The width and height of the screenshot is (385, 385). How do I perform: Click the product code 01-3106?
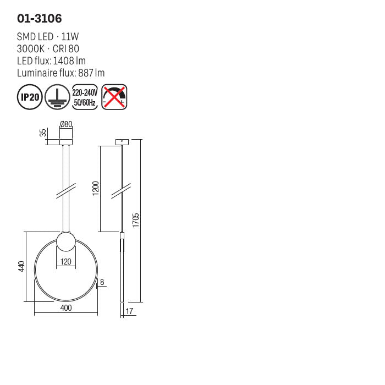pyautogui.click(x=40, y=19)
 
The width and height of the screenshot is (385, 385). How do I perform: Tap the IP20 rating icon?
pyautogui.click(x=30, y=97)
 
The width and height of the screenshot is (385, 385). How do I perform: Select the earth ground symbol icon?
pyautogui.click(x=57, y=97)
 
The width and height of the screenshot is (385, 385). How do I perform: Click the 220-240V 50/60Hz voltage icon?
pyautogui.click(x=85, y=97)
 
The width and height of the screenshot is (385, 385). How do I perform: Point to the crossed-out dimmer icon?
pyautogui.click(x=114, y=97)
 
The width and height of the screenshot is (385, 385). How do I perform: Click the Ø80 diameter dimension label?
pyautogui.click(x=66, y=125)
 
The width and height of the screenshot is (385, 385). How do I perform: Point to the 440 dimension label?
pyautogui.click(x=21, y=267)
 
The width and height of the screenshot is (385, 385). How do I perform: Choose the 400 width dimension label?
pyautogui.click(x=66, y=309)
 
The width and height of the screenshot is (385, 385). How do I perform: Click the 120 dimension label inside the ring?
pyautogui.click(x=66, y=262)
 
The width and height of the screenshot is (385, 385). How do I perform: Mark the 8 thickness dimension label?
pyautogui.click(x=102, y=282)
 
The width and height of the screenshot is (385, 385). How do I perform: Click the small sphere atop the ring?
pyautogui.click(x=66, y=242)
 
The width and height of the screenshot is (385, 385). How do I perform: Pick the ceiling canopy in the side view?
pyautogui.click(x=122, y=142)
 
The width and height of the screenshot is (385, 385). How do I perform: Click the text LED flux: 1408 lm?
pyautogui.click(x=51, y=61)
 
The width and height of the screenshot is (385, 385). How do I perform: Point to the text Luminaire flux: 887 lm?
pyautogui.click(x=61, y=73)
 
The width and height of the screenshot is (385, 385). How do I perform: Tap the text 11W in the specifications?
pyautogui.click(x=71, y=37)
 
